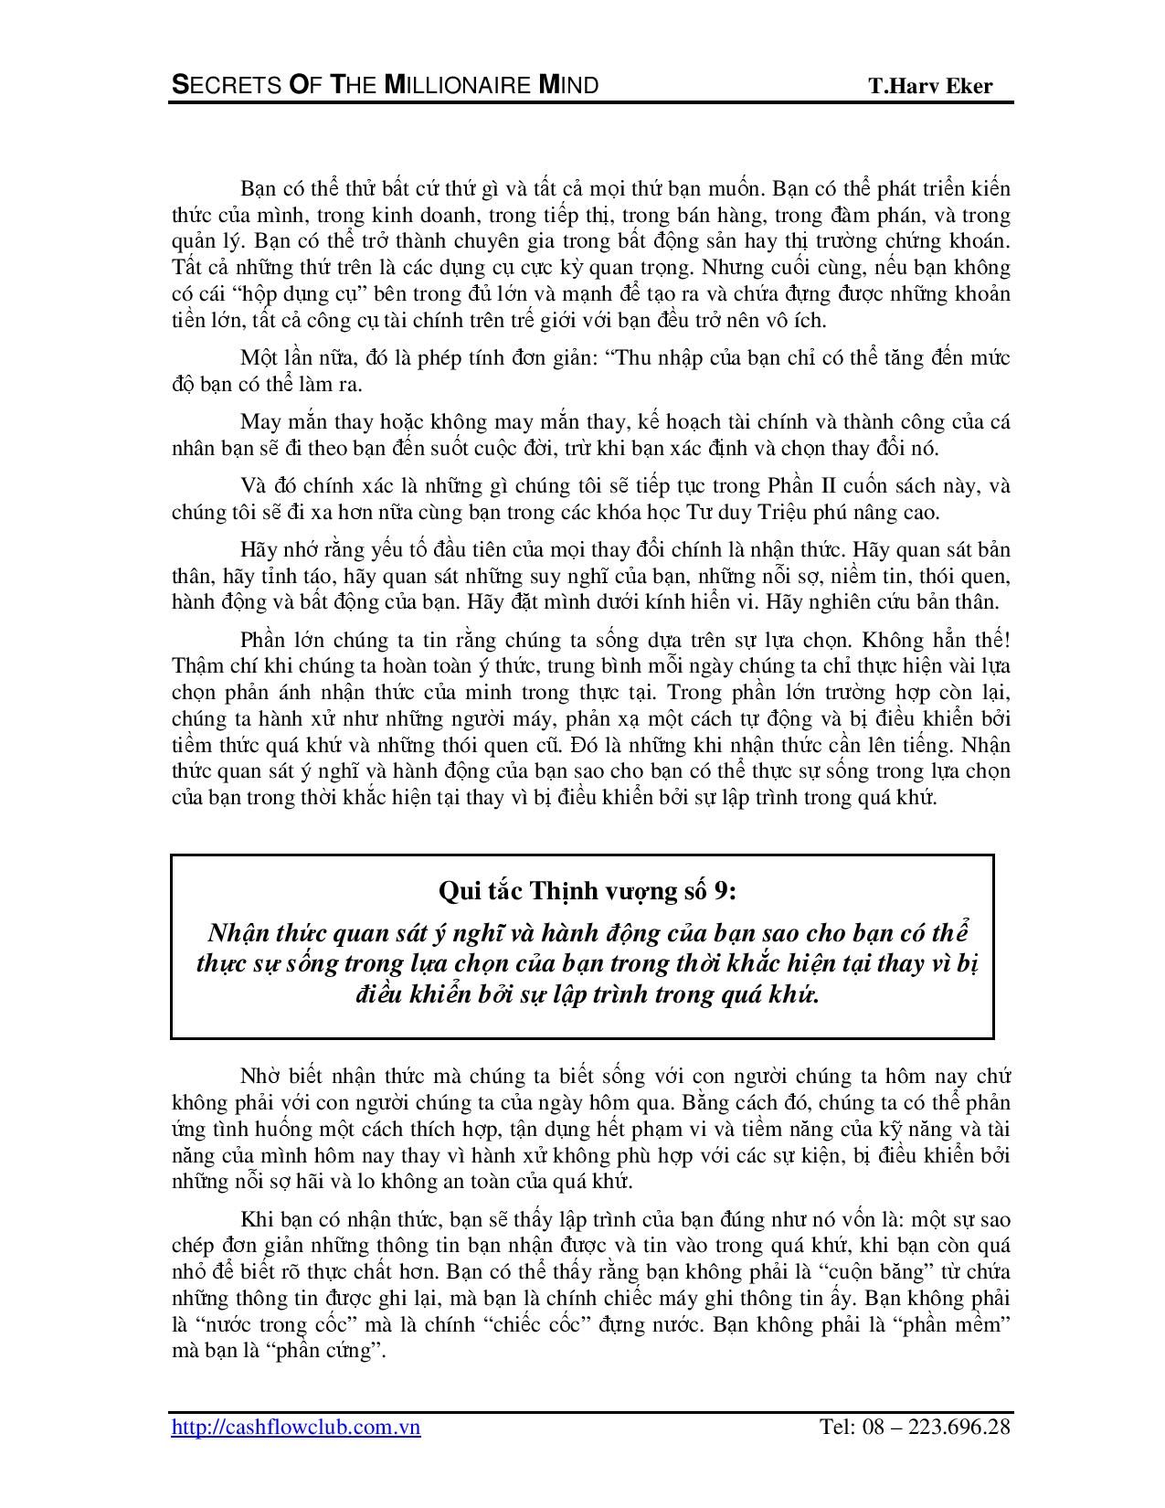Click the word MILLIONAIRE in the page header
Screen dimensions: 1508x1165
click(x=454, y=86)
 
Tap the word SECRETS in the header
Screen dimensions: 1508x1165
click(x=216, y=86)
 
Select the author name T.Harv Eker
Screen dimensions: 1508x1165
click(x=930, y=87)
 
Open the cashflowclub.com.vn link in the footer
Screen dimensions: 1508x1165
click(x=296, y=1427)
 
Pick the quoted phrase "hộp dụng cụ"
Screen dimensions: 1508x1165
click(x=296, y=294)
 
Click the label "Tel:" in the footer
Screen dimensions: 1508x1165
click(x=836, y=1427)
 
